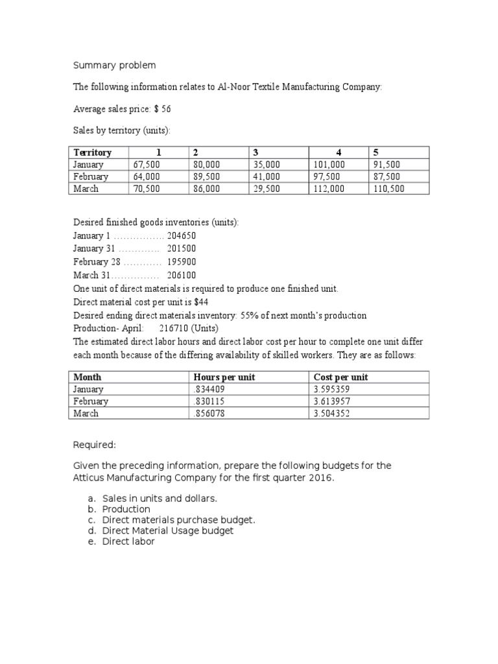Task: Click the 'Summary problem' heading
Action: [x=113, y=65]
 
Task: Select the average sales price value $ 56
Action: [x=162, y=109]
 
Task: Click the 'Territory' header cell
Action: [x=93, y=152]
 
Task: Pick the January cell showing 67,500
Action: [x=147, y=165]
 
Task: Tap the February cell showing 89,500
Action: [x=207, y=176]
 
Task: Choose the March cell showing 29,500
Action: [x=267, y=189]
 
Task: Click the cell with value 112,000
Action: [x=329, y=189]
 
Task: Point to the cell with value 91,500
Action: [x=386, y=165]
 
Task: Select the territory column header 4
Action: [x=338, y=152]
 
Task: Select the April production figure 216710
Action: [x=175, y=329]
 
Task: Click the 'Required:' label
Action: [x=94, y=445]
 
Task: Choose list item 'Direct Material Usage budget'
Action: [x=168, y=530]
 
